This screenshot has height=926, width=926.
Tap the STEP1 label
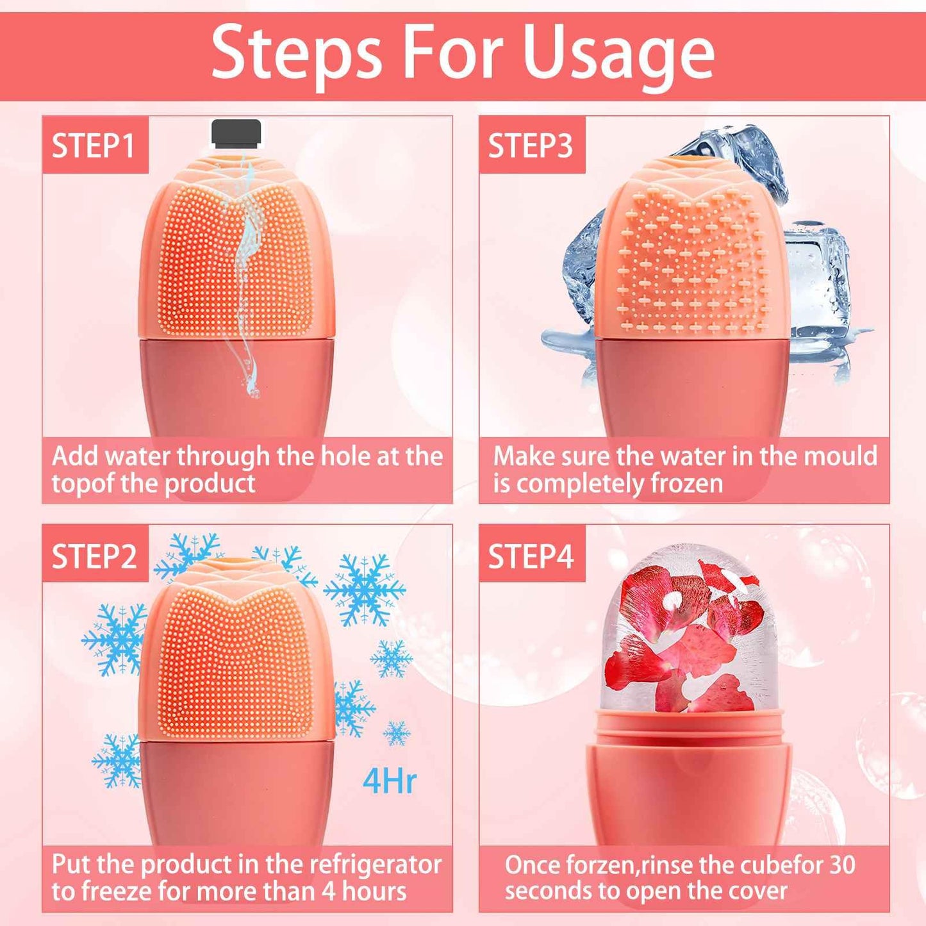pyautogui.click(x=94, y=145)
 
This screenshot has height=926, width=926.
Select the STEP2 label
pyautogui.click(x=94, y=556)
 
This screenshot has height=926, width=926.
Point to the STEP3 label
pyautogui.click(x=531, y=145)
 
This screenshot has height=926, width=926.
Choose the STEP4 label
pyautogui.click(x=531, y=556)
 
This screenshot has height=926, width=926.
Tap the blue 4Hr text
pyautogui.click(x=389, y=781)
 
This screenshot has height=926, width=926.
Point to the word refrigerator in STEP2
pyautogui.click(x=376, y=864)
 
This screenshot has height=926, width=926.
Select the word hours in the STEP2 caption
pyautogui.click(x=374, y=891)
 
